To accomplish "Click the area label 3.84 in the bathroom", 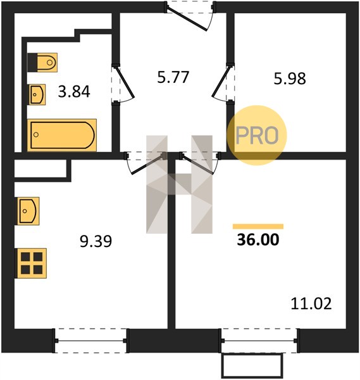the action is click(x=74, y=91).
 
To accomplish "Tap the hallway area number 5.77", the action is click(x=173, y=77).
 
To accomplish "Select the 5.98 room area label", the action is click(x=290, y=79).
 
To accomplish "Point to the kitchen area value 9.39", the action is click(x=96, y=241).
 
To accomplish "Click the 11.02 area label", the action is click(x=311, y=303).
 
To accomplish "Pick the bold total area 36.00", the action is click(x=258, y=239).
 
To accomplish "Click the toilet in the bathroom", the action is click(x=42, y=63).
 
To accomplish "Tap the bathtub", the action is click(x=62, y=135).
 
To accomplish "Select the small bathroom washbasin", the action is click(x=37, y=94).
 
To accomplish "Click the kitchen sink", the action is click(x=28, y=211).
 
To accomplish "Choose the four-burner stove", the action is click(x=31, y=263).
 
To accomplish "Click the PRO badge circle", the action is click(x=257, y=136).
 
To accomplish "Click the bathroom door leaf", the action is click(x=125, y=82).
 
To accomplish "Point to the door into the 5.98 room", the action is click(x=221, y=82).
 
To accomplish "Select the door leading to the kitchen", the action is click(x=147, y=164).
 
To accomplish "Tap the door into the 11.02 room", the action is click(x=198, y=163).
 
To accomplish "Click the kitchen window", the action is click(x=91, y=341).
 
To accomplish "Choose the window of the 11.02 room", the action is click(x=259, y=341).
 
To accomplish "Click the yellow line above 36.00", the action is click(x=258, y=226).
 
